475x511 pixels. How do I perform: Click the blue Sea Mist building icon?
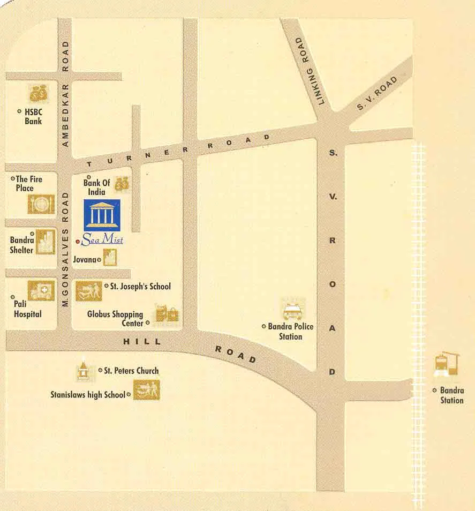102,214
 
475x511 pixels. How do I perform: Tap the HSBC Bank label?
33,116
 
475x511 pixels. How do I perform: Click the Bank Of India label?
96,187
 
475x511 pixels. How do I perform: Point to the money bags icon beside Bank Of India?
122,183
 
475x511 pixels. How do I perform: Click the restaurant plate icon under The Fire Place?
41,204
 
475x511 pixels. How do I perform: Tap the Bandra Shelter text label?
21,245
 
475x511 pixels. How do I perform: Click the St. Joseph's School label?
140,287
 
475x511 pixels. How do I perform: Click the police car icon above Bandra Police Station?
292,310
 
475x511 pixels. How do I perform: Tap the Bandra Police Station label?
291,331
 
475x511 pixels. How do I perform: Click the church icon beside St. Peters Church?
83,370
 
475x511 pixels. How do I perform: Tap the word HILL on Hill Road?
141,341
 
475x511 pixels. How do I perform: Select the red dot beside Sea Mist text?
78,242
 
